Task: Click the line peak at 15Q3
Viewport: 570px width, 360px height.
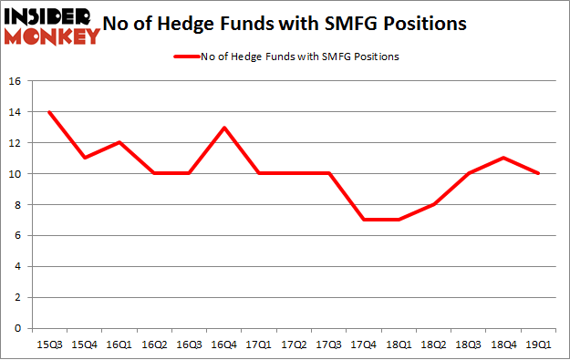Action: [49, 112]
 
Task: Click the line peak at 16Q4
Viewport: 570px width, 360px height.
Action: [224, 128]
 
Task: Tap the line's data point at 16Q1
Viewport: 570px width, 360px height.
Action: [119, 142]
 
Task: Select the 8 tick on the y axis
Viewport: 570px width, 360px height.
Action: [17, 205]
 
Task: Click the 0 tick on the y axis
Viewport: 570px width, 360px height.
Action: [17, 328]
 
